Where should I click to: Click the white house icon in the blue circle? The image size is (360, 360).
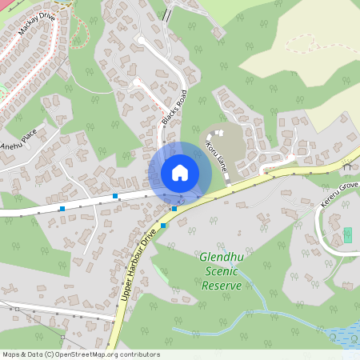coord(180,172)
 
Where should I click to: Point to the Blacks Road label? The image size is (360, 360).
coord(174,107)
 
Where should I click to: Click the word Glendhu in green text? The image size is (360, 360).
coord(227,258)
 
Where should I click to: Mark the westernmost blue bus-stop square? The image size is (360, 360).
coord(62,209)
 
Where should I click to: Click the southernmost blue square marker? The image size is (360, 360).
coord(163,226)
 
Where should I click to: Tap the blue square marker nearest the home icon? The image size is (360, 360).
coord(174,208)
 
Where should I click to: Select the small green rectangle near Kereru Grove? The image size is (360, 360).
coord(347,235)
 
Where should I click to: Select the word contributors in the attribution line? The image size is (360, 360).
coord(138,354)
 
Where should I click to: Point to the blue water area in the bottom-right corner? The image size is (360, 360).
coord(349,339)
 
